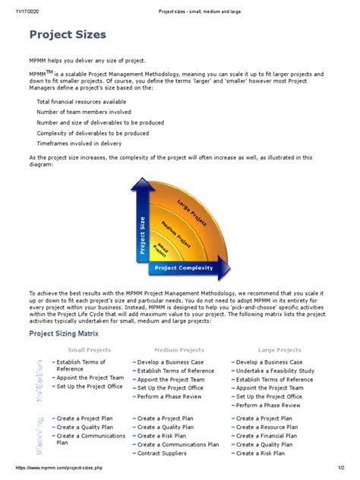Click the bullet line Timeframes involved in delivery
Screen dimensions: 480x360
click(x=81, y=143)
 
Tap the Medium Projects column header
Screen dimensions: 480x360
click(x=166, y=350)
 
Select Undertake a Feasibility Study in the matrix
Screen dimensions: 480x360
click(x=274, y=370)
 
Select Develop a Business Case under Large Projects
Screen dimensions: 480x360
click(x=270, y=362)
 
